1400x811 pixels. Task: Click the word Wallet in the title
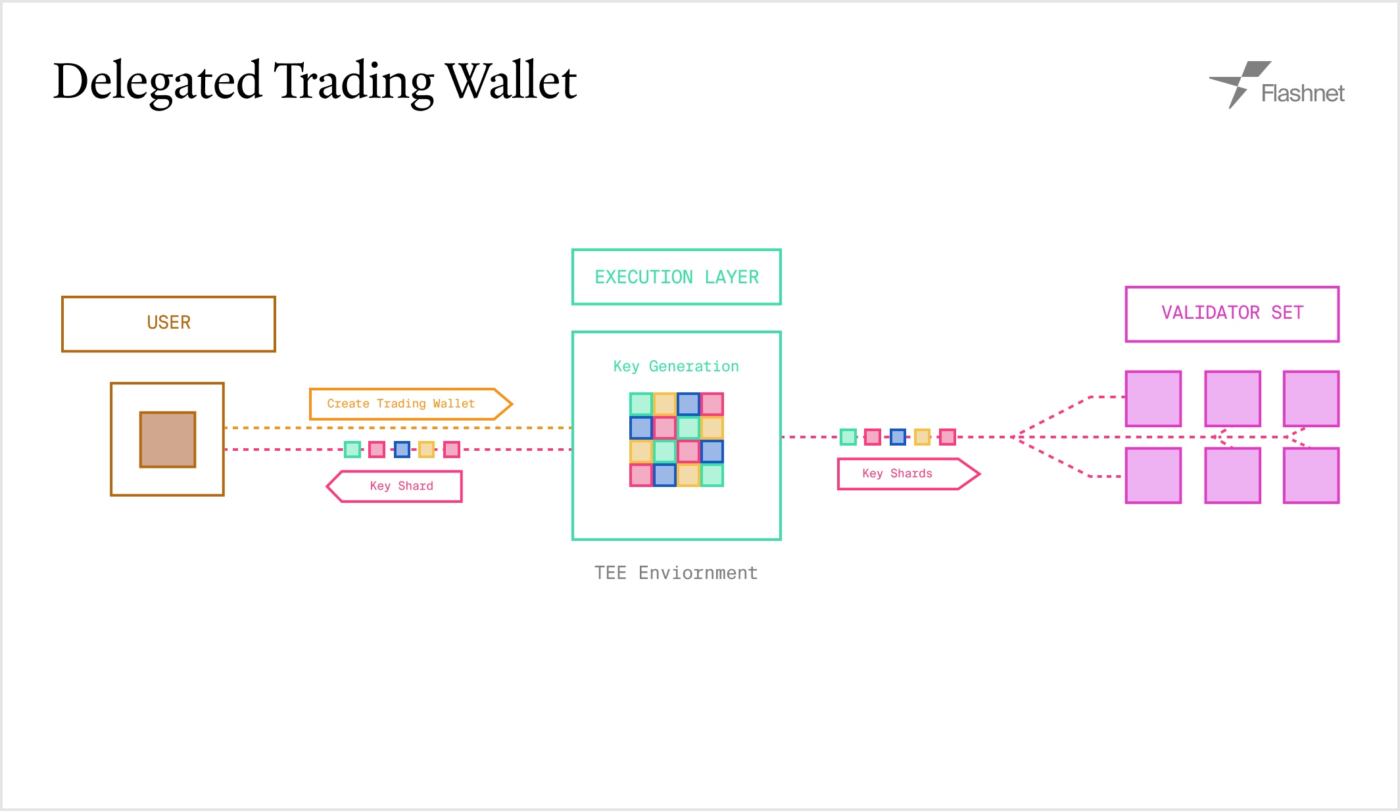coord(511,81)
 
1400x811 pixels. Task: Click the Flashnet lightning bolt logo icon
coord(1239,83)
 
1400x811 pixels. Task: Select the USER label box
coord(168,324)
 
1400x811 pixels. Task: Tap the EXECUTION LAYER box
coord(677,277)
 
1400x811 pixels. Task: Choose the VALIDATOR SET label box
coord(1232,314)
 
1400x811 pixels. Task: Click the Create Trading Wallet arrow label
coord(411,404)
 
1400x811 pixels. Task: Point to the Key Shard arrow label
coord(395,486)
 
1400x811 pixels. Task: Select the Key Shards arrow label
coord(909,474)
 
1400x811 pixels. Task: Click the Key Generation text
coord(676,366)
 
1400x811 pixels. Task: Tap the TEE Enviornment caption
coord(676,572)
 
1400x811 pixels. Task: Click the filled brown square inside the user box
coord(168,440)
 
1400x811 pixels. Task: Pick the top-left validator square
coord(1153,399)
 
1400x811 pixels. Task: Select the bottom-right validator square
coord(1311,476)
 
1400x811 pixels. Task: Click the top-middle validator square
coord(1233,399)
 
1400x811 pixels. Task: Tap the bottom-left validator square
coord(1153,476)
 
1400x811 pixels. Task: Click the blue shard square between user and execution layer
coord(402,450)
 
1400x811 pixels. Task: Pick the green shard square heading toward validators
coord(848,437)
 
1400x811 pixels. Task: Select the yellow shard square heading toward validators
coord(923,437)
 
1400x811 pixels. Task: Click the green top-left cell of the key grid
coord(641,404)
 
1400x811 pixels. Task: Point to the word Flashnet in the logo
coord(1303,93)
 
